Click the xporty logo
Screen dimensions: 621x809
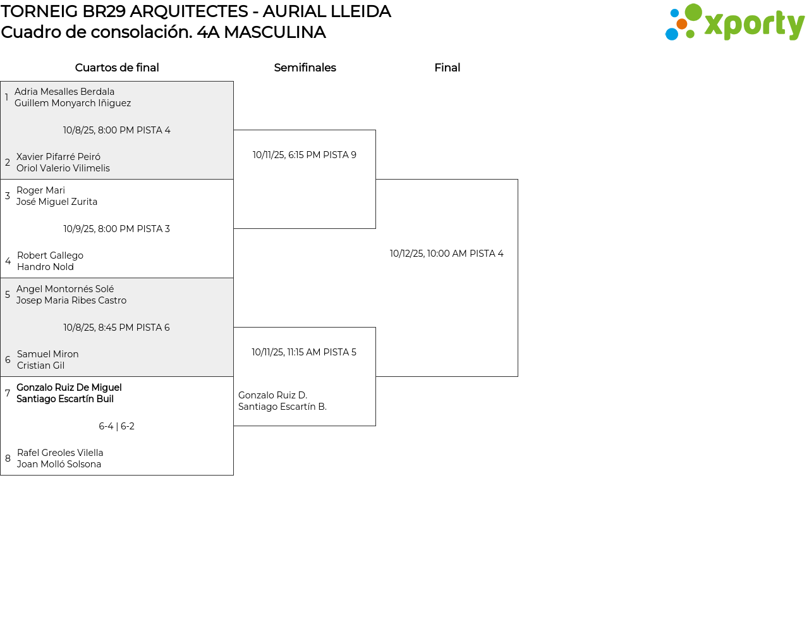point(734,23)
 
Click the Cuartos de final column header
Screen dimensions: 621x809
point(117,68)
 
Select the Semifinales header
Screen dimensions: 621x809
point(305,68)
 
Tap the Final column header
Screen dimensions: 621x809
point(447,68)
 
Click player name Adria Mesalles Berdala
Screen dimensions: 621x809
point(64,92)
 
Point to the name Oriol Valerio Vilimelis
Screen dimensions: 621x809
point(63,168)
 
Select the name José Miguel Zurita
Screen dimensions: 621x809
point(57,202)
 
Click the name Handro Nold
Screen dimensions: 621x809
point(46,267)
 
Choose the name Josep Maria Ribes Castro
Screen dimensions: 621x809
point(71,300)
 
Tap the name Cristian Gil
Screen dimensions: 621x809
point(40,366)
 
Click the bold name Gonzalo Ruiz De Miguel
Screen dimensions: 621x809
point(69,388)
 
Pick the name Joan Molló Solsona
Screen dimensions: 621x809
point(59,464)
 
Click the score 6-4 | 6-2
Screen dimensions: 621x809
point(117,426)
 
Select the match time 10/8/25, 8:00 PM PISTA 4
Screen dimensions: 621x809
point(117,130)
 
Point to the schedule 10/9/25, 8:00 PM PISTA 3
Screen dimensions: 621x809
point(117,229)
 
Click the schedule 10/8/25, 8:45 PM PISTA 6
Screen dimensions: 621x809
point(117,328)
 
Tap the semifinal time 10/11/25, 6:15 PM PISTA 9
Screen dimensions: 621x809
point(305,155)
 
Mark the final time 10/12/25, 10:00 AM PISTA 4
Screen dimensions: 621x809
point(447,254)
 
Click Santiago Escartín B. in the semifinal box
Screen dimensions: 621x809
point(283,407)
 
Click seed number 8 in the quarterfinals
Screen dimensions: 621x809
point(8,458)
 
